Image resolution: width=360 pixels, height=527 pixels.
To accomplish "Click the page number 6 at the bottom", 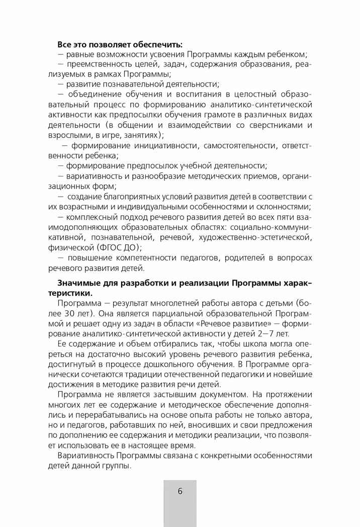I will [180, 491].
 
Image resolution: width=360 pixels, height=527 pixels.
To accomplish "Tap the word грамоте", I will [223, 115].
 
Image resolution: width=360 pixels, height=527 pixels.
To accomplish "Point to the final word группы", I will [119, 466].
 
